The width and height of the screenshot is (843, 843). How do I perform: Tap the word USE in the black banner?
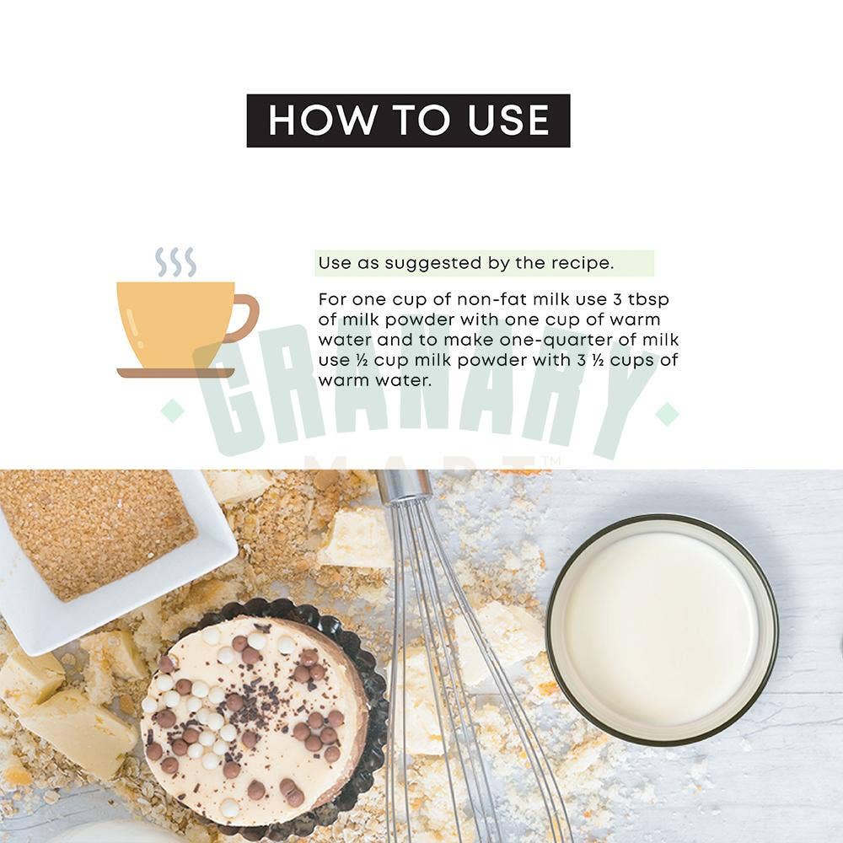click(508, 120)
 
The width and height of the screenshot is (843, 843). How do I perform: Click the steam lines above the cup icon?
click(176, 262)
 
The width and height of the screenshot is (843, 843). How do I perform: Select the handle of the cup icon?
click(244, 318)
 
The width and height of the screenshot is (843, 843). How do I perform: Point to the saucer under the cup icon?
click(176, 373)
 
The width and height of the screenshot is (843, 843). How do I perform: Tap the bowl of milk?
click(662, 629)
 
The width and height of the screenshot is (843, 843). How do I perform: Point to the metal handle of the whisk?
click(405, 486)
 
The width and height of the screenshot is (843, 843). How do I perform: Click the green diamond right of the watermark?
click(667, 414)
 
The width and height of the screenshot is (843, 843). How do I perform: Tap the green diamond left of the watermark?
click(173, 411)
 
